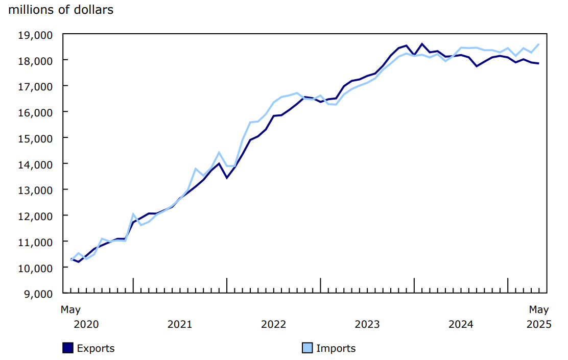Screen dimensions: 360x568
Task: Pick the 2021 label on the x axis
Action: click(180, 324)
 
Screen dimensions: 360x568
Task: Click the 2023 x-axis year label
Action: click(367, 324)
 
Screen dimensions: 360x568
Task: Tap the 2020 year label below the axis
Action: click(86, 324)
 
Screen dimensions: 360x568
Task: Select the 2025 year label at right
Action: click(539, 324)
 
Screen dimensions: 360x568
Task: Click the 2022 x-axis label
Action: click(273, 324)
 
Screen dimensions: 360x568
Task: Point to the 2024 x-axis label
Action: click(461, 324)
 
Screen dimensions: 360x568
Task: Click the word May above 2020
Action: click(70, 309)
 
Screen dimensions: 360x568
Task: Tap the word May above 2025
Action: click(539, 309)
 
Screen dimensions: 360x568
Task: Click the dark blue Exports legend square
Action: click(68, 348)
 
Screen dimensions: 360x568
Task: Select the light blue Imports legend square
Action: click(307, 348)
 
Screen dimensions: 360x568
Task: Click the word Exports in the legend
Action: click(96, 348)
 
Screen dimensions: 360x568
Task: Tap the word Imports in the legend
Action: click(336, 348)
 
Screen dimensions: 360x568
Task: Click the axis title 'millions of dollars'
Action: click(61, 10)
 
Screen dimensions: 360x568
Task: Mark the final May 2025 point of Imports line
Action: click(539, 44)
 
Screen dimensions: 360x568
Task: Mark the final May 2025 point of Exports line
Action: click(539, 63)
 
